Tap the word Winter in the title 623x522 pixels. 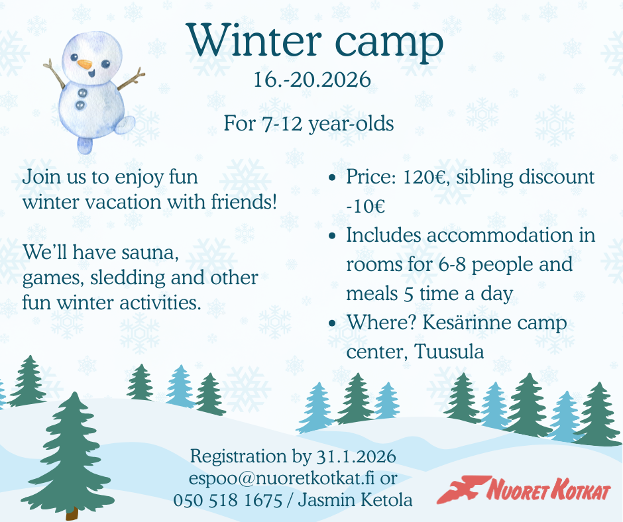coord(253,40)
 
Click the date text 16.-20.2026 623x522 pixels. coord(312,79)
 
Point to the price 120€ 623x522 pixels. coord(426,177)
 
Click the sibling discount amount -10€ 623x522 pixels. coord(366,207)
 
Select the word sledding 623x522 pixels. coord(127,278)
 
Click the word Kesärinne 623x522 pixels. coord(467,322)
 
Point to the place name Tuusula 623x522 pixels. coord(449,352)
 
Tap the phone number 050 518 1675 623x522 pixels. coord(228,500)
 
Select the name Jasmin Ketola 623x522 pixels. coord(355,500)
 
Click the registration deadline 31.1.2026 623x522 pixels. coord(357,456)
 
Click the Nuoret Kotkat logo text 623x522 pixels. coord(548,489)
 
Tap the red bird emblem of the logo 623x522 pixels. coord(463,490)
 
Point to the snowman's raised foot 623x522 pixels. coord(125,125)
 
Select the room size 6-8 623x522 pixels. coord(452,264)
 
